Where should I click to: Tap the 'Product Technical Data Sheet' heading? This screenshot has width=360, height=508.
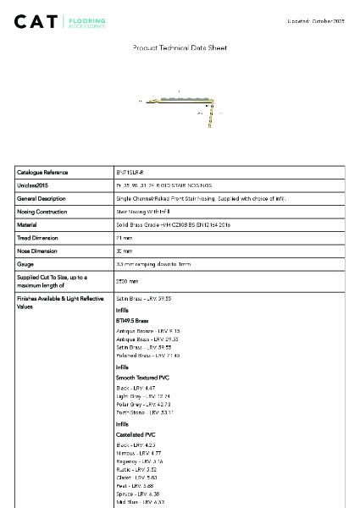tap(180, 48)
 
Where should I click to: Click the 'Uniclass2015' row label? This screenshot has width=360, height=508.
tap(35, 185)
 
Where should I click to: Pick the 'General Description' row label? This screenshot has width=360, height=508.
tap(42, 198)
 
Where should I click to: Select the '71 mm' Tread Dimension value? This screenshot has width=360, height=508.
tap(124, 238)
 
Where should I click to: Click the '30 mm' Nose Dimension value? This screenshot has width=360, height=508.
tap(124, 251)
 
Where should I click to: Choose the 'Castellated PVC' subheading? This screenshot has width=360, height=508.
tap(136, 433)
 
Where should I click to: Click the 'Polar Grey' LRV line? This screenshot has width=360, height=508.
tap(143, 404)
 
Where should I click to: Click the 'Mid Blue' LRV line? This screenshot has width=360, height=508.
tap(141, 502)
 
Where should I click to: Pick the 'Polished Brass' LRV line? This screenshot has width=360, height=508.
tap(146, 355)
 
